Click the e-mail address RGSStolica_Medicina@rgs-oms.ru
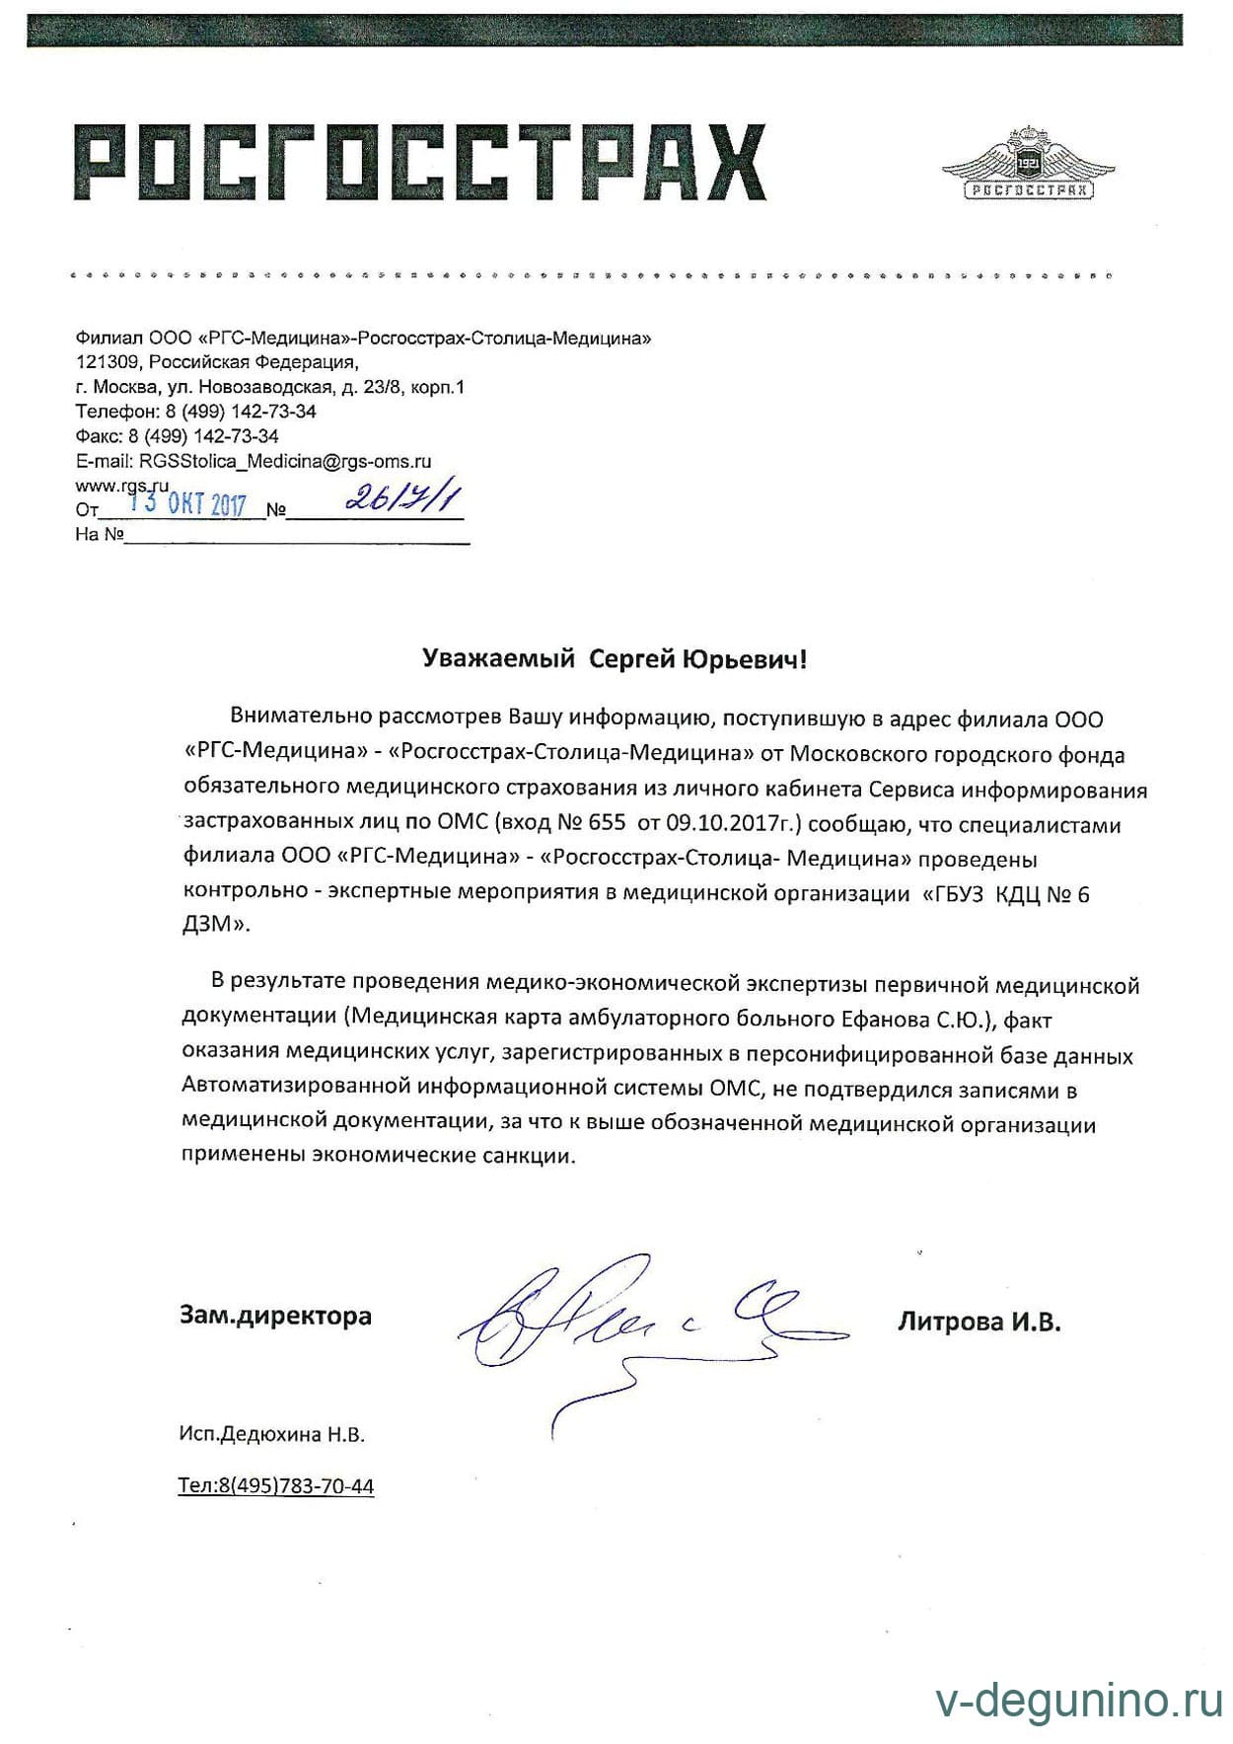(285, 461)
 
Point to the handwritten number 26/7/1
(402, 499)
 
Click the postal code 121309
(102, 362)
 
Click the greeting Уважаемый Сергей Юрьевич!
(615, 659)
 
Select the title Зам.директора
(275, 1316)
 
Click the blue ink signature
(631, 1323)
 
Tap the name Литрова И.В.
(979, 1323)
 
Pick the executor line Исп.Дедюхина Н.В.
(272, 1435)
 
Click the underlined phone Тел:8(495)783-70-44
(276, 1486)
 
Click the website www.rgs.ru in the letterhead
(122, 485)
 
